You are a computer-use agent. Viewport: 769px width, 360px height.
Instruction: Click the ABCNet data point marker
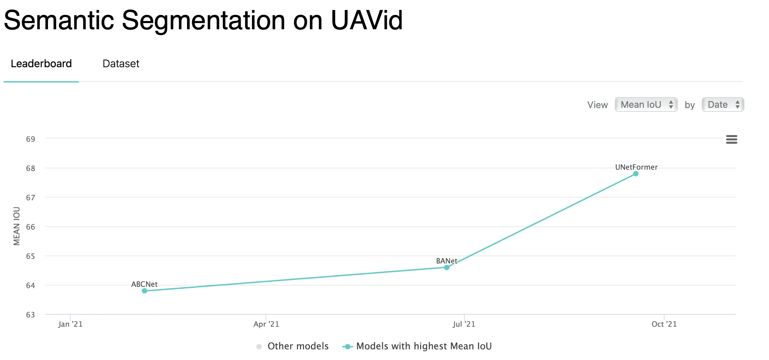144,291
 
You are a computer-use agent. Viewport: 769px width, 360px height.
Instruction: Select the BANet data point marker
447,268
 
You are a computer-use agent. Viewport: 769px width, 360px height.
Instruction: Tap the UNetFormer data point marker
636,174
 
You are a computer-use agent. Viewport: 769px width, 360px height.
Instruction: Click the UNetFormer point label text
636,167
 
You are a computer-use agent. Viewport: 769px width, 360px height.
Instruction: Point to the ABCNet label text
144,284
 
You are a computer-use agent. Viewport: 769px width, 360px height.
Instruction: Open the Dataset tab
121,64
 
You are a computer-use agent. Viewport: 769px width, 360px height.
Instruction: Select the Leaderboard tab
41,64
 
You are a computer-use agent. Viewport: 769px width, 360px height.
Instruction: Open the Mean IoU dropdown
646,105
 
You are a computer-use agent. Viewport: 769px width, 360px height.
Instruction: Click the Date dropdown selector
723,105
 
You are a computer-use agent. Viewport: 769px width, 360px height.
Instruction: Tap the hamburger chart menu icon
731,139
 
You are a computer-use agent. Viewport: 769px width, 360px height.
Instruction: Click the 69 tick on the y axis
31,139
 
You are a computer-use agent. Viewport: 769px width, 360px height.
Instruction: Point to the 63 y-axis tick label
31,315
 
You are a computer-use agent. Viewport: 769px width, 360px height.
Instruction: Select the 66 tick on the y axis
31,227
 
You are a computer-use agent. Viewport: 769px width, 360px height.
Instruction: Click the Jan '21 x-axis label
70,324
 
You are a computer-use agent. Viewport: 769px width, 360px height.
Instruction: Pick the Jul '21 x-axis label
464,324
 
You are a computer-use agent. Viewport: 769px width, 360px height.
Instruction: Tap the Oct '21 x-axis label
664,324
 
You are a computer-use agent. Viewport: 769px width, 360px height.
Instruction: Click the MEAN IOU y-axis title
17,226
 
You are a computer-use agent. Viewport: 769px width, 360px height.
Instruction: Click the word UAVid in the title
367,21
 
